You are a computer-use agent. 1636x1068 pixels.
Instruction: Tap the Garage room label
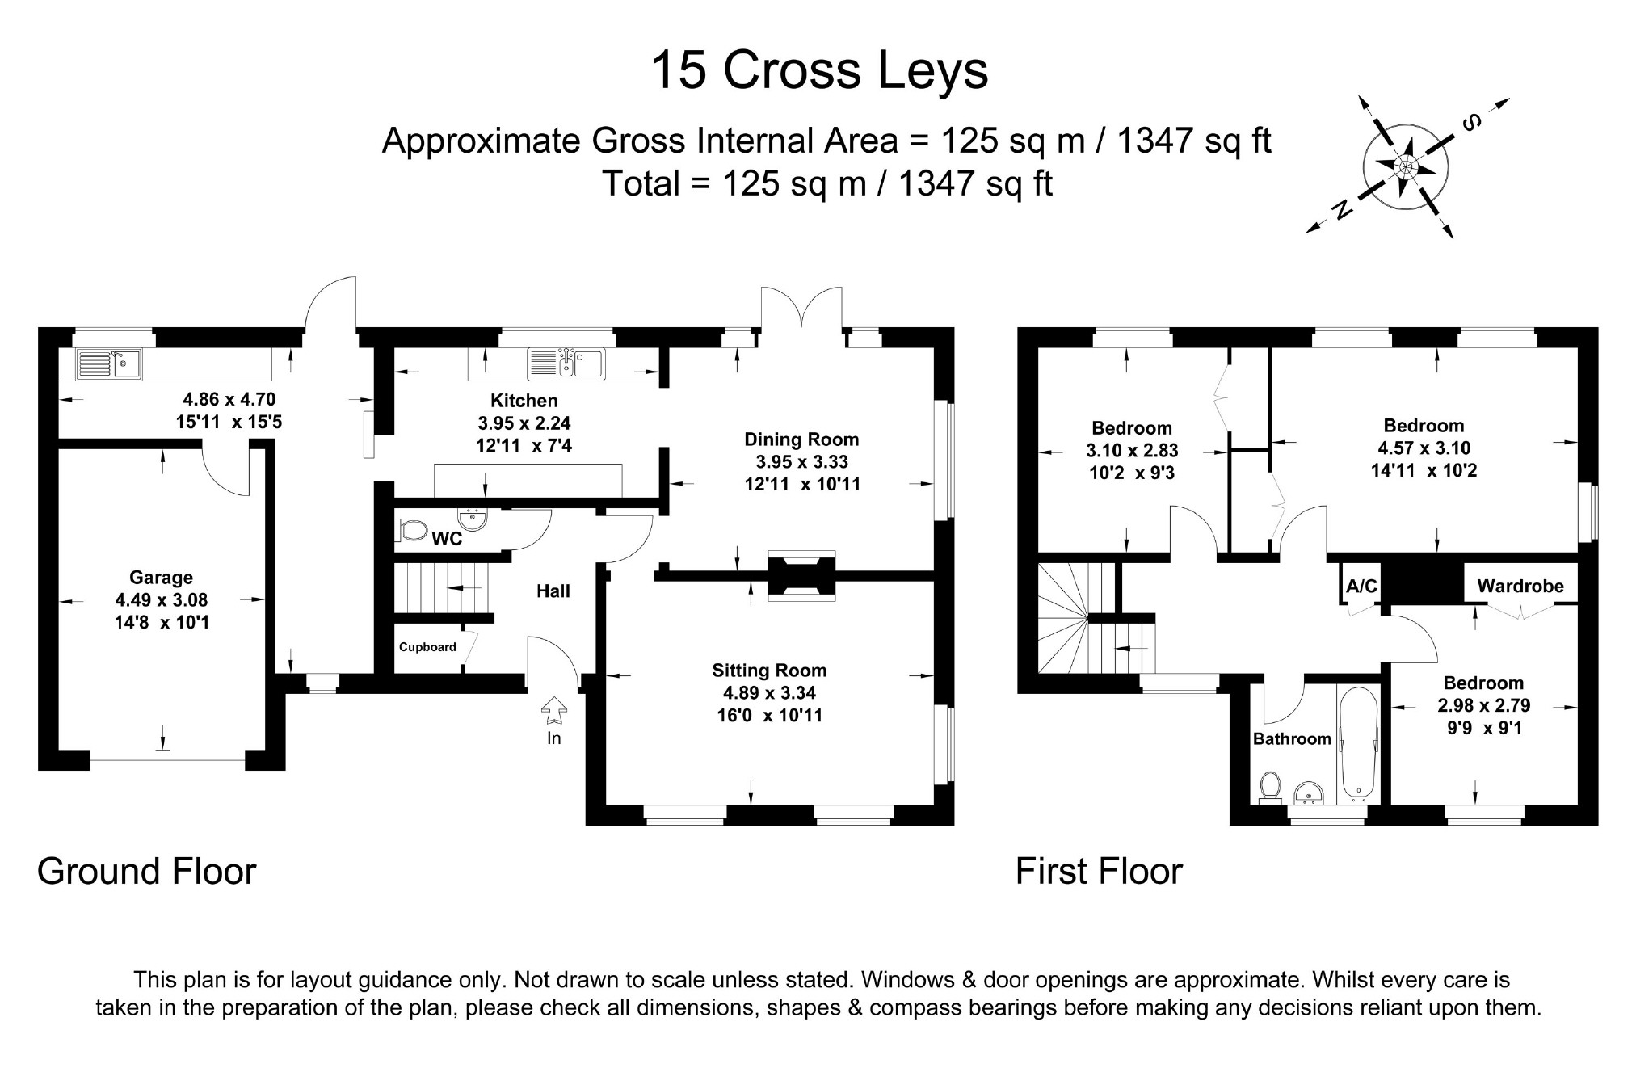coord(161,578)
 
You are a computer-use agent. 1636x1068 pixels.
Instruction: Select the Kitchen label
coord(524,401)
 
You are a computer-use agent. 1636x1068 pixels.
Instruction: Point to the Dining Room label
coord(801,439)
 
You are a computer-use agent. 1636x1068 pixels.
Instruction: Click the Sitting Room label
coord(769,671)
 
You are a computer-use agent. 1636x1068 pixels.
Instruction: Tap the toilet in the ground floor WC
coord(412,531)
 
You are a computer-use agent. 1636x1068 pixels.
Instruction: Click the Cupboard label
coord(427,647)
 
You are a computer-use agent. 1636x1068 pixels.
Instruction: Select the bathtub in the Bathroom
coord(1358,742)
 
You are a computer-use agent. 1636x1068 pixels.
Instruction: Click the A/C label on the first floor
coord(1361,586)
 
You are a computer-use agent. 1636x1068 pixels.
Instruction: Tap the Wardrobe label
coord(1520,587)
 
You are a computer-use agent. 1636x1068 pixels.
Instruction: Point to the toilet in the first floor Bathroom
coord(1270,786)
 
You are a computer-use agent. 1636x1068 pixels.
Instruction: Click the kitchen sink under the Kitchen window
coord(566,364)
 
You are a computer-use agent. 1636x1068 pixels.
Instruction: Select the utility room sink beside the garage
coord(109,364)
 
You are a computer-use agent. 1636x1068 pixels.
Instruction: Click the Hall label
coord(553,591)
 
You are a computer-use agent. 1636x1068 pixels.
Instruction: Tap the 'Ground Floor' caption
coord(146,872)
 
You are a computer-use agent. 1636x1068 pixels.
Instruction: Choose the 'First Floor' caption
coord(1098,872)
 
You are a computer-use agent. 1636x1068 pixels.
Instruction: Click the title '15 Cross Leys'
coord(818,70)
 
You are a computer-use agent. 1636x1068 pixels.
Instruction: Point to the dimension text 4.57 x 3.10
coord(1424,448)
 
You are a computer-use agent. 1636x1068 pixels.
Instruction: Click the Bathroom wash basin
coord(1308,795)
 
